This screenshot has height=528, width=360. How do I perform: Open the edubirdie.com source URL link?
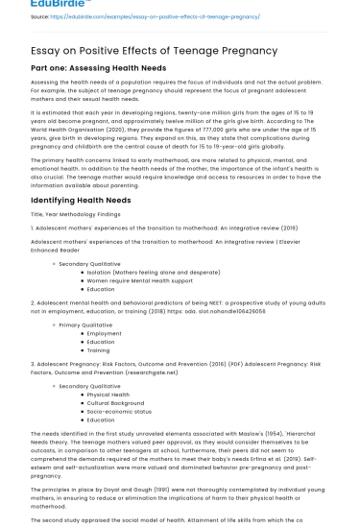tap(144, 16)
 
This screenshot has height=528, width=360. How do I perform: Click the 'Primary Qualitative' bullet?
tap(85, 324)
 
